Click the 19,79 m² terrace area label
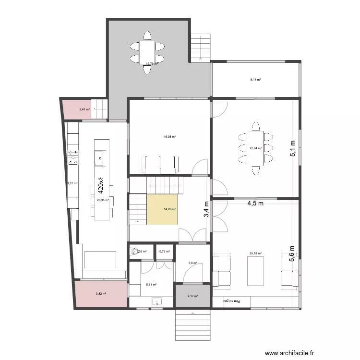point(152,63)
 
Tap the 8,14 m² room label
point(255,80)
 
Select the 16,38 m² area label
point(169,137)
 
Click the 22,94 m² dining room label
point(255,148)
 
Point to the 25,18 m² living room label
point(255,253)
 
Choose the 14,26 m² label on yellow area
point(169,209)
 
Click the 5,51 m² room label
point(151,285)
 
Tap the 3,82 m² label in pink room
point(100,294)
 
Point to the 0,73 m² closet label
point(165,252)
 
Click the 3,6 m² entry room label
point(192,263)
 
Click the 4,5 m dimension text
point(255,203)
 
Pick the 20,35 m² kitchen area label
point(103,200)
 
